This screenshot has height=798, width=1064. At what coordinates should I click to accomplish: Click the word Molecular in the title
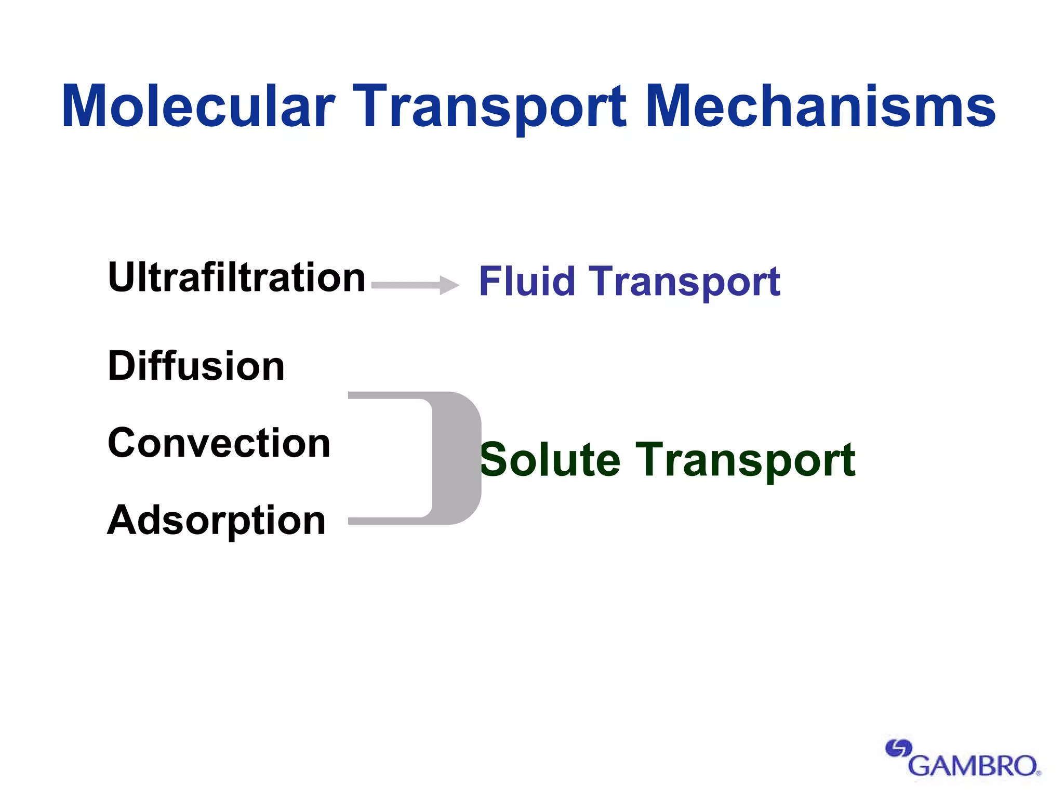pos(198,107)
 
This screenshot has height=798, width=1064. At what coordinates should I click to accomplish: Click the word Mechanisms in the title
pos(821,107)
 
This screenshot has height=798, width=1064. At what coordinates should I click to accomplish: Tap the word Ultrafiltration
pos(236,277)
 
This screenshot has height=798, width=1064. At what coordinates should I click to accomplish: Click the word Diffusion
pos(196,366)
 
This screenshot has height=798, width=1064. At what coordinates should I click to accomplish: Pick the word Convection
pos(219,443)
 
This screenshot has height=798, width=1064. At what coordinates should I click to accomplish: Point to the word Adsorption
pos(216,521)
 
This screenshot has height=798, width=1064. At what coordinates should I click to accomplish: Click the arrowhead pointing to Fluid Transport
pos(448,285)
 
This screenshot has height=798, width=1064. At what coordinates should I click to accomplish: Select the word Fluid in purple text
pos(526,281)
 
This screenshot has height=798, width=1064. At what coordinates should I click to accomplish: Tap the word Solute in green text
pos(550,460)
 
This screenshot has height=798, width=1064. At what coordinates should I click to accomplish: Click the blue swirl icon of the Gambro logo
pos(898,749)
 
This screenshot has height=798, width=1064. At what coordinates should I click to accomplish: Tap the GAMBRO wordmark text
pos(974,766)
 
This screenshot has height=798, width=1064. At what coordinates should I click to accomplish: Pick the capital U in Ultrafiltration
pos(122,277)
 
